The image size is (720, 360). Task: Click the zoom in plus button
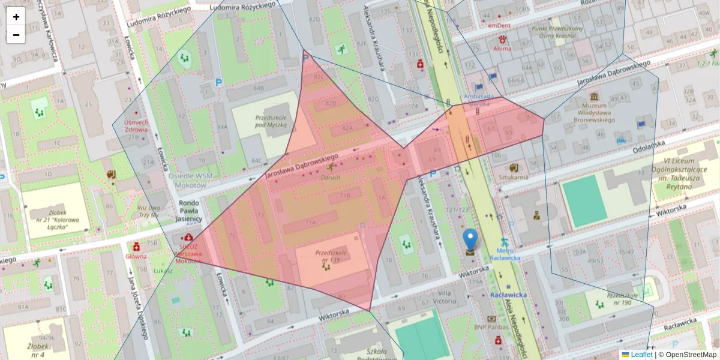click(16, 17)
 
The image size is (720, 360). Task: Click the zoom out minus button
click(16, 35)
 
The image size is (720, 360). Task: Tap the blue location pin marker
click(470, 239)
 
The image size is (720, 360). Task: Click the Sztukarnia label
click(513, 177)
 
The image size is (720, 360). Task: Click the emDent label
click(499, 26)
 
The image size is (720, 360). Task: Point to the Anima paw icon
click(502, 39)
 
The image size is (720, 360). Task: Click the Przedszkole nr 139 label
click(327, 256)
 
